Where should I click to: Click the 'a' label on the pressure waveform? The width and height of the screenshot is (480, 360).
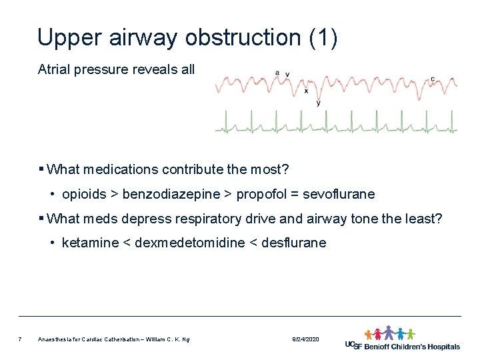coord(277,73)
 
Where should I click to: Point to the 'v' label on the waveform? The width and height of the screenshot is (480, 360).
coord(287,73)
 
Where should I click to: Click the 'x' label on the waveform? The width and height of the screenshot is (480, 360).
coord(306,91)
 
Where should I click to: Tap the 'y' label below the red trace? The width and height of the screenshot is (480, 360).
coord(318,103)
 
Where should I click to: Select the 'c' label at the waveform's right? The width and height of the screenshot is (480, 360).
coord(433,79)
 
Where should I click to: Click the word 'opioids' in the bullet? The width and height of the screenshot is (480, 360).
coord(84,195)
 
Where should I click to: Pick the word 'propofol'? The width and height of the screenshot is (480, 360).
coord(257,195)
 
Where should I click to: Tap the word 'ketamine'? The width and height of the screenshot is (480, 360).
coord(89,243)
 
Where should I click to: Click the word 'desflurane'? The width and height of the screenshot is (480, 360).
coord(294,243)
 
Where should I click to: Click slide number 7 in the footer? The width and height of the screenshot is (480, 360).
coord(21,340)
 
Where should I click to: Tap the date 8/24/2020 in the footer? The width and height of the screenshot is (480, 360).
coord(305,340)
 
